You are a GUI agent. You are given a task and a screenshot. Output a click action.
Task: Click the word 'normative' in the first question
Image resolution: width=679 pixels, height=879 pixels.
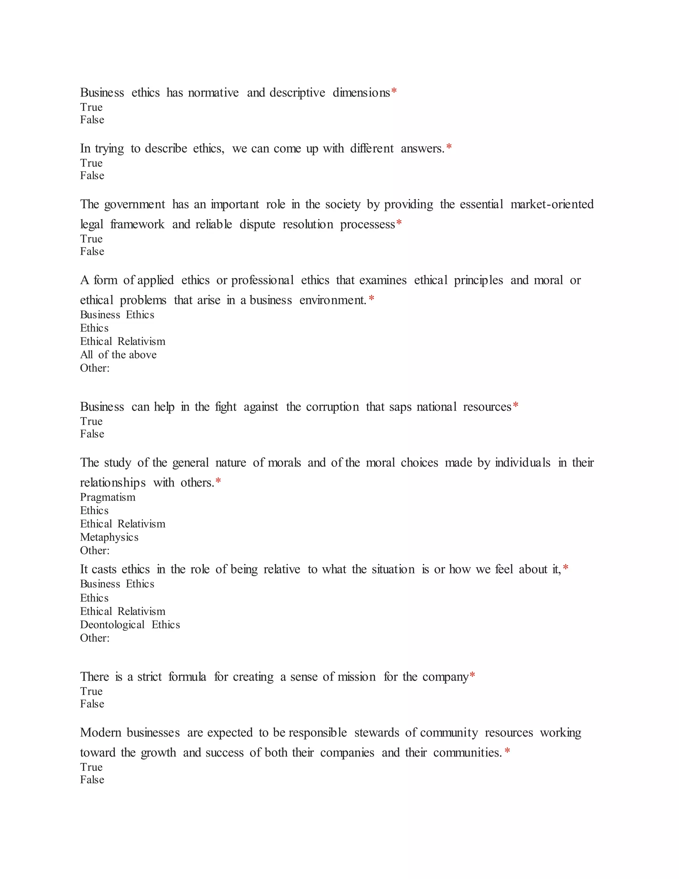coord(213,93)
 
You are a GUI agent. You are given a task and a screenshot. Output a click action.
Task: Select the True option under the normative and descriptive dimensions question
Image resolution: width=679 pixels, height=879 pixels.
coord(91,107)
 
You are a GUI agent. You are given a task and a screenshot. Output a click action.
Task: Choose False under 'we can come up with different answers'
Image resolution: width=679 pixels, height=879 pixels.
coord(92,176)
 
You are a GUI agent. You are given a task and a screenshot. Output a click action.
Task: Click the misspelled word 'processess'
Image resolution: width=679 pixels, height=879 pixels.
coord(367,225)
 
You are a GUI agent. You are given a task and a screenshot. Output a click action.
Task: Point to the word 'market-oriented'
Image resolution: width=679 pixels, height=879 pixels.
coord(552,204)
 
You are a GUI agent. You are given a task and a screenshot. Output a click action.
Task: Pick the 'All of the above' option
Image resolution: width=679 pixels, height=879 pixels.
coord(118,355)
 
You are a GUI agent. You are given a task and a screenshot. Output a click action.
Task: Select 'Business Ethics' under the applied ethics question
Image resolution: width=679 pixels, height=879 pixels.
coord(117,315)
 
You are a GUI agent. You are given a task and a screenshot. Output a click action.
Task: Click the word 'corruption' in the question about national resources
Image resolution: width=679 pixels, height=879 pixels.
coord(332,407)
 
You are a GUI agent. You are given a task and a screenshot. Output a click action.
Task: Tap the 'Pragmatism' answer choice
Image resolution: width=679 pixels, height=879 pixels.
coord(108,498)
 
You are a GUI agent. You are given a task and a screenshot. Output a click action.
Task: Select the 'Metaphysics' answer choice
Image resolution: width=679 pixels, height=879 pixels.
coord(109,537)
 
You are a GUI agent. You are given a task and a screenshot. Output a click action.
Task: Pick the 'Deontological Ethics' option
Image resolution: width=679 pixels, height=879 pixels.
coord(130,625)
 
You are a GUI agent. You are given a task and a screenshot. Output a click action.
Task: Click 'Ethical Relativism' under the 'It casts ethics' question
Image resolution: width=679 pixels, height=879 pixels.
coord(123,611)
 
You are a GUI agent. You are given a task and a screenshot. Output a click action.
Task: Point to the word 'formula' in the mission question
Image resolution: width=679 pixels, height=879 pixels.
coord(187,677)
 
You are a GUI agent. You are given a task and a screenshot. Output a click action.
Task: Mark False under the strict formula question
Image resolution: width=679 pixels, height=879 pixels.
coord(92,704)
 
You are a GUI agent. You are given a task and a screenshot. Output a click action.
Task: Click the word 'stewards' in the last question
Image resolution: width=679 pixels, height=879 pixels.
coord(377,733)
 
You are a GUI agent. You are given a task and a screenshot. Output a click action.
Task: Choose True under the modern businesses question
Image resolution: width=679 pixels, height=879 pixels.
coord(91,767)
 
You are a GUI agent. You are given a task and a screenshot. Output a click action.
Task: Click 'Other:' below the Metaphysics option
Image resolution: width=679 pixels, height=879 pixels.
coord(95,551)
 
